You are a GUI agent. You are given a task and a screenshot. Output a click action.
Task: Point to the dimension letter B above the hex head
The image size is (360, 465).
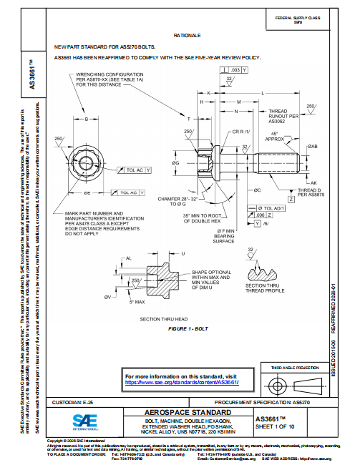pyautogui.click(x=86, y=119)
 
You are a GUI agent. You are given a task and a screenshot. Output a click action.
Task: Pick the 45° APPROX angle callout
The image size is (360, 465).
pyautogui.click(x=274, y=137)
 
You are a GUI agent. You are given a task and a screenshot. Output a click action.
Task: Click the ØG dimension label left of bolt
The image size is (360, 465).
pyautogui.click(x=175, y=163)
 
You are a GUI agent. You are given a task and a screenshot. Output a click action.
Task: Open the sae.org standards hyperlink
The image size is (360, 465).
pyautogui.click(x=182, y=383)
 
